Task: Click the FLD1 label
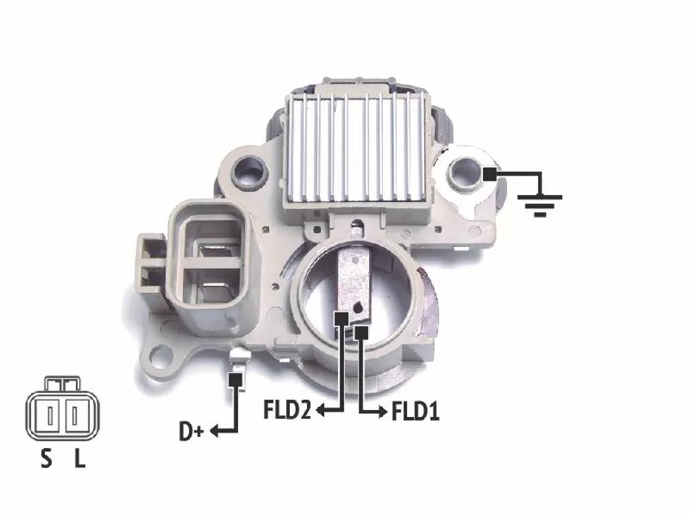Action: tap(416, 412)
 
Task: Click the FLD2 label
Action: tap(287, 409)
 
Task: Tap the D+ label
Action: tap(191, 431)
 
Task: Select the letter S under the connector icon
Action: tap(47, 458)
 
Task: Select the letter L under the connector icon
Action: tap(79, 458)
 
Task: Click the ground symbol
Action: tap(540, 205)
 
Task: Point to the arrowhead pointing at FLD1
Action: tap(383, 413)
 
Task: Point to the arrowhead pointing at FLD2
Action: tap(321, 410)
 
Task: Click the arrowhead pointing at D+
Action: tap(215, 431)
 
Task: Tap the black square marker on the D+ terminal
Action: tap(235, 379)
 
